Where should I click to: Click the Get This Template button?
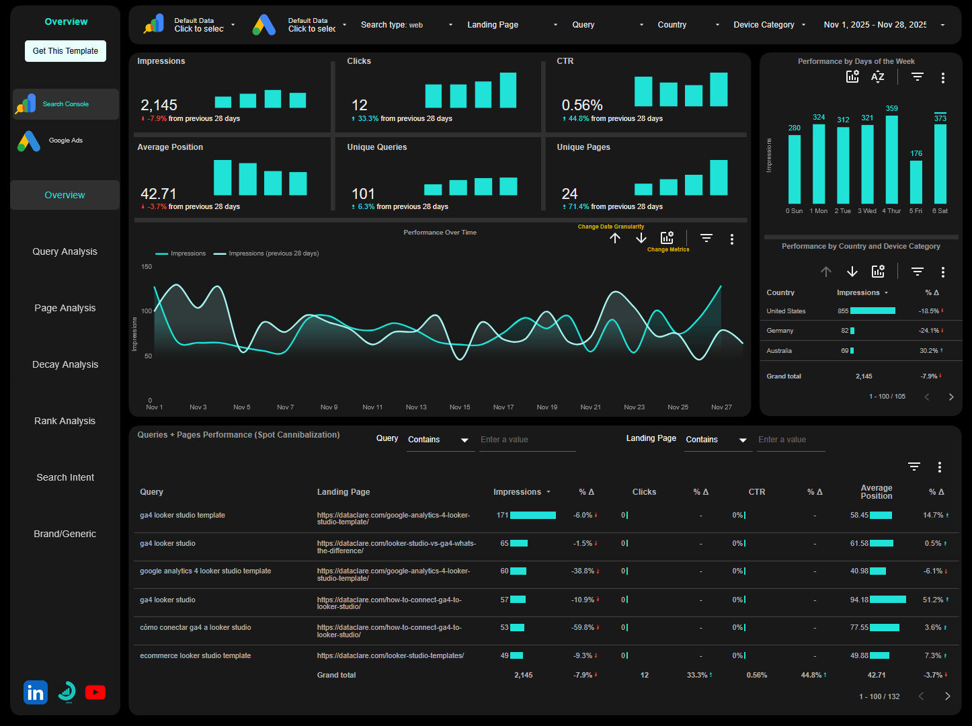[65, 51]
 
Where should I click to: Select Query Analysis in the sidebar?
[65, 251]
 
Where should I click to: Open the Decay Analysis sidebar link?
[65, 364]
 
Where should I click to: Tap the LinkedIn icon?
[36, 692]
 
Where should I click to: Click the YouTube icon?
[95, 692]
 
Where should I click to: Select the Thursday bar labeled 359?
[891, 159]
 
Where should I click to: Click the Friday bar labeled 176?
[916, 182]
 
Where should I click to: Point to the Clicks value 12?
[360, 106]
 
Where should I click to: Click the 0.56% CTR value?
[582, 106]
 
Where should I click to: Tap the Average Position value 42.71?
[159, 194]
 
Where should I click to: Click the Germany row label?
[780, 331]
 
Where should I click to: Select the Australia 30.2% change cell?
[930, 351]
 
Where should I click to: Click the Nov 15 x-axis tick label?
[460, 407]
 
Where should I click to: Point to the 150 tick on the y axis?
[147, 267]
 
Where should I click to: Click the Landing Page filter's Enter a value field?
[790, 440]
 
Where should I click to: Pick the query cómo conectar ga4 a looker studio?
[196, 628]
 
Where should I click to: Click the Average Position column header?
[876, 492]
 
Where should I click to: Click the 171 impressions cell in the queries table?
[502, 516]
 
